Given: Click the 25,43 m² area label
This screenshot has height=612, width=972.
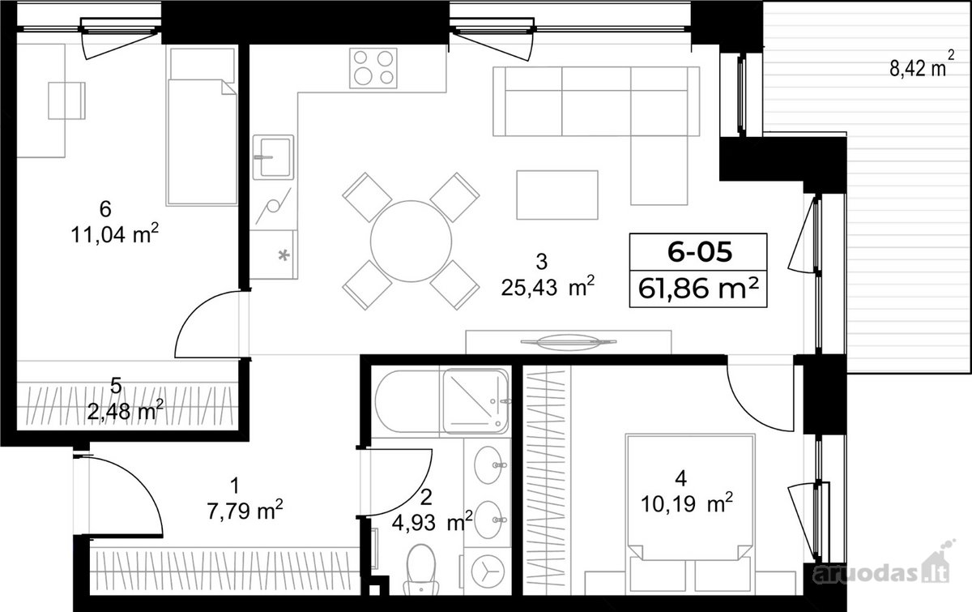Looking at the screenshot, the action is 548,287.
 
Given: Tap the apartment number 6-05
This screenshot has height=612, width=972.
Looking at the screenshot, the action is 700,252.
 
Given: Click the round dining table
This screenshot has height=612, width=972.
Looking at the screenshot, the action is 411,242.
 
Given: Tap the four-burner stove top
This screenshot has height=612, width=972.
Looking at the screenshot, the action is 373,68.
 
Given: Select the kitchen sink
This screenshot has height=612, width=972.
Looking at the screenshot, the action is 274,156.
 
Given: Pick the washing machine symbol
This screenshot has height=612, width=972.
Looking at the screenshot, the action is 488,571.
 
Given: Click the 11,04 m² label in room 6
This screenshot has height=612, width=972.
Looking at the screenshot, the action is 114,235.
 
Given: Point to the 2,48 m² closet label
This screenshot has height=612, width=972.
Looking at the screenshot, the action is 125,411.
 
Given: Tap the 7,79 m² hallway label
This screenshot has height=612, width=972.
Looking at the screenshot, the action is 245,511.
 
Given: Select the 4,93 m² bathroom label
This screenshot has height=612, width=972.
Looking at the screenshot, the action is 433,522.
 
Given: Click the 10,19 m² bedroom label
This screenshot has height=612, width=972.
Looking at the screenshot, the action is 687,504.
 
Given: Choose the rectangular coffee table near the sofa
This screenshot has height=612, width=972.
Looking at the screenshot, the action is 557,195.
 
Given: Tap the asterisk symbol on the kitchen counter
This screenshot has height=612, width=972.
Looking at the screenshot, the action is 283,255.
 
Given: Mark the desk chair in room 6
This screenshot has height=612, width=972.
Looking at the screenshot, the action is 66,101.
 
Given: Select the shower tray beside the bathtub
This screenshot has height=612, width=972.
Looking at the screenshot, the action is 475,401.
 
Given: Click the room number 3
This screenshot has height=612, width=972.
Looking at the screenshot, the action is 542,262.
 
